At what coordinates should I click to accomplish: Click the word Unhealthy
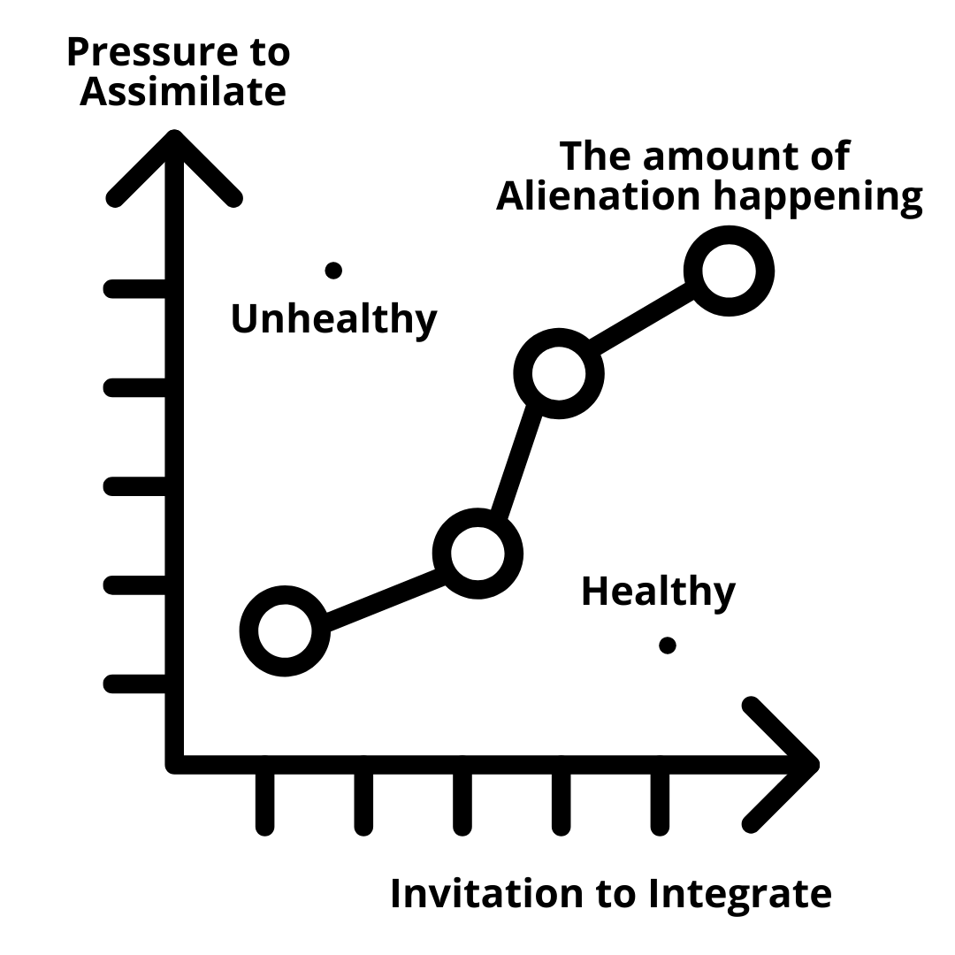[x=334, y=318]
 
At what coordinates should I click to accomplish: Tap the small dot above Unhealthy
[x=333, y=271]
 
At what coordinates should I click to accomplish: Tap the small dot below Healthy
[x=668, y=646]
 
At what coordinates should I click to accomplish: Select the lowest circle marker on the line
[x=285, y=630]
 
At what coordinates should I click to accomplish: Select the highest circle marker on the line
[x=730, y=271]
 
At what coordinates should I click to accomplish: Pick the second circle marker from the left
[x=477, y=554]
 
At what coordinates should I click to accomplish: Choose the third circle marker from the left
[x=559, y=373]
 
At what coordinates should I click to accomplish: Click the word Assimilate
[x=182, y=91]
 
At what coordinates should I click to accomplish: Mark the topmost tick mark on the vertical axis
[x=137, y=288]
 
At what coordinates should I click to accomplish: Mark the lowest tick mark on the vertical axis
[x=137, y=684]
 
